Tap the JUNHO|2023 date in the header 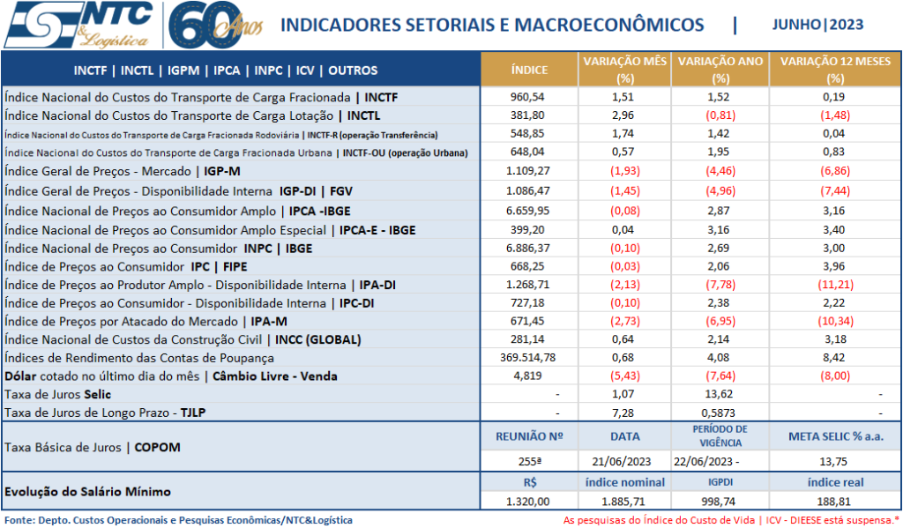coord(817,25)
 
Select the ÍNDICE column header coord(529,70)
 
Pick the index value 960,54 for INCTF coord(529,96)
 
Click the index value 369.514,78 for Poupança coord(529,357)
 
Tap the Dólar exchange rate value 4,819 coord(529,376)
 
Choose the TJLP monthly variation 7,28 coord(623,413)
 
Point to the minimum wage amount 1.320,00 coord(529,501)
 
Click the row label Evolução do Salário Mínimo coord(88,491)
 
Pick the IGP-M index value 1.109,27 coord(529,170)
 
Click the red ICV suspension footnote coord(731,520)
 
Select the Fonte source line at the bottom coord(178,520)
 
